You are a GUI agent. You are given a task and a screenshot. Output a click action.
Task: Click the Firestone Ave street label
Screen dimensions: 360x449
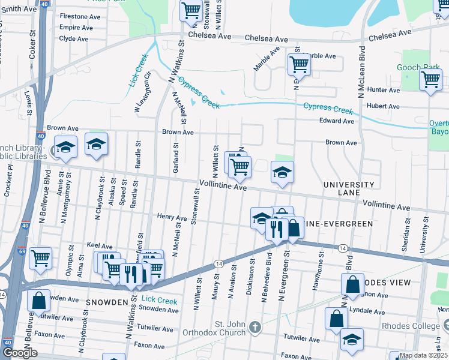pos(79,16)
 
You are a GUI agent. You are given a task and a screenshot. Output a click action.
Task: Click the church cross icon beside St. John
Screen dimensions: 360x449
pos(255,328)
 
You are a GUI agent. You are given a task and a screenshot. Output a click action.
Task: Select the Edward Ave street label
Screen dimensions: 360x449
pos(337,121)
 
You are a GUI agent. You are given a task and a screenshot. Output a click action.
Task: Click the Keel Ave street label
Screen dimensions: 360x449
pos(100,246)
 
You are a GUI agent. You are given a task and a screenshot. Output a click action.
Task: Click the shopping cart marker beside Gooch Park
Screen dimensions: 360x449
pos(430,79)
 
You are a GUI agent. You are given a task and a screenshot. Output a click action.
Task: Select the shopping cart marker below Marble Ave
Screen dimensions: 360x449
pos(298,63)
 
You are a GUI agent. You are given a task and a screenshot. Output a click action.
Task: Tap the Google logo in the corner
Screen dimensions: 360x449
pos(20,352)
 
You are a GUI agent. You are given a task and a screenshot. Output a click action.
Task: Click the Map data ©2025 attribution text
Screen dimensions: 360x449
pos(423,355)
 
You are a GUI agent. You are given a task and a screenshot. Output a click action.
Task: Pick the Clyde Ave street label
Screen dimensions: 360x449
pos(74,38)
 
